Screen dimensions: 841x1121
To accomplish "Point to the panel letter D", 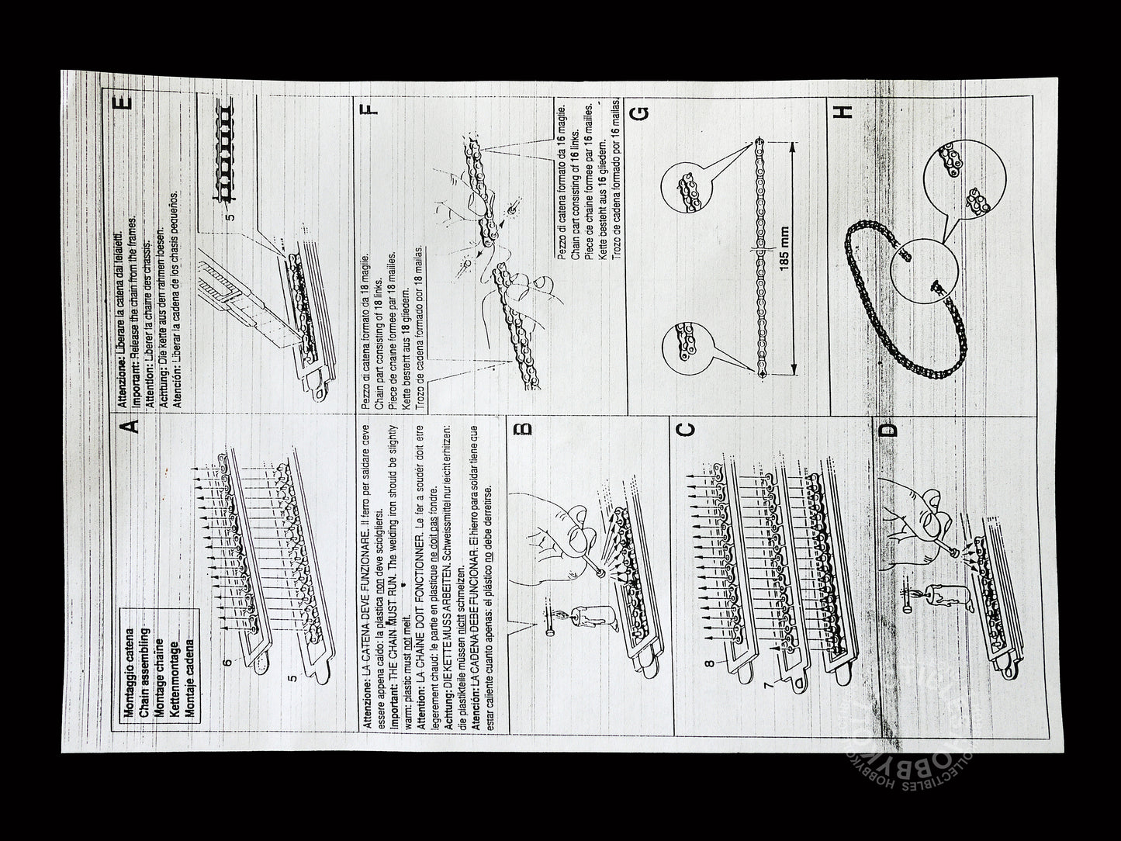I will click(x=890, y=429).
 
